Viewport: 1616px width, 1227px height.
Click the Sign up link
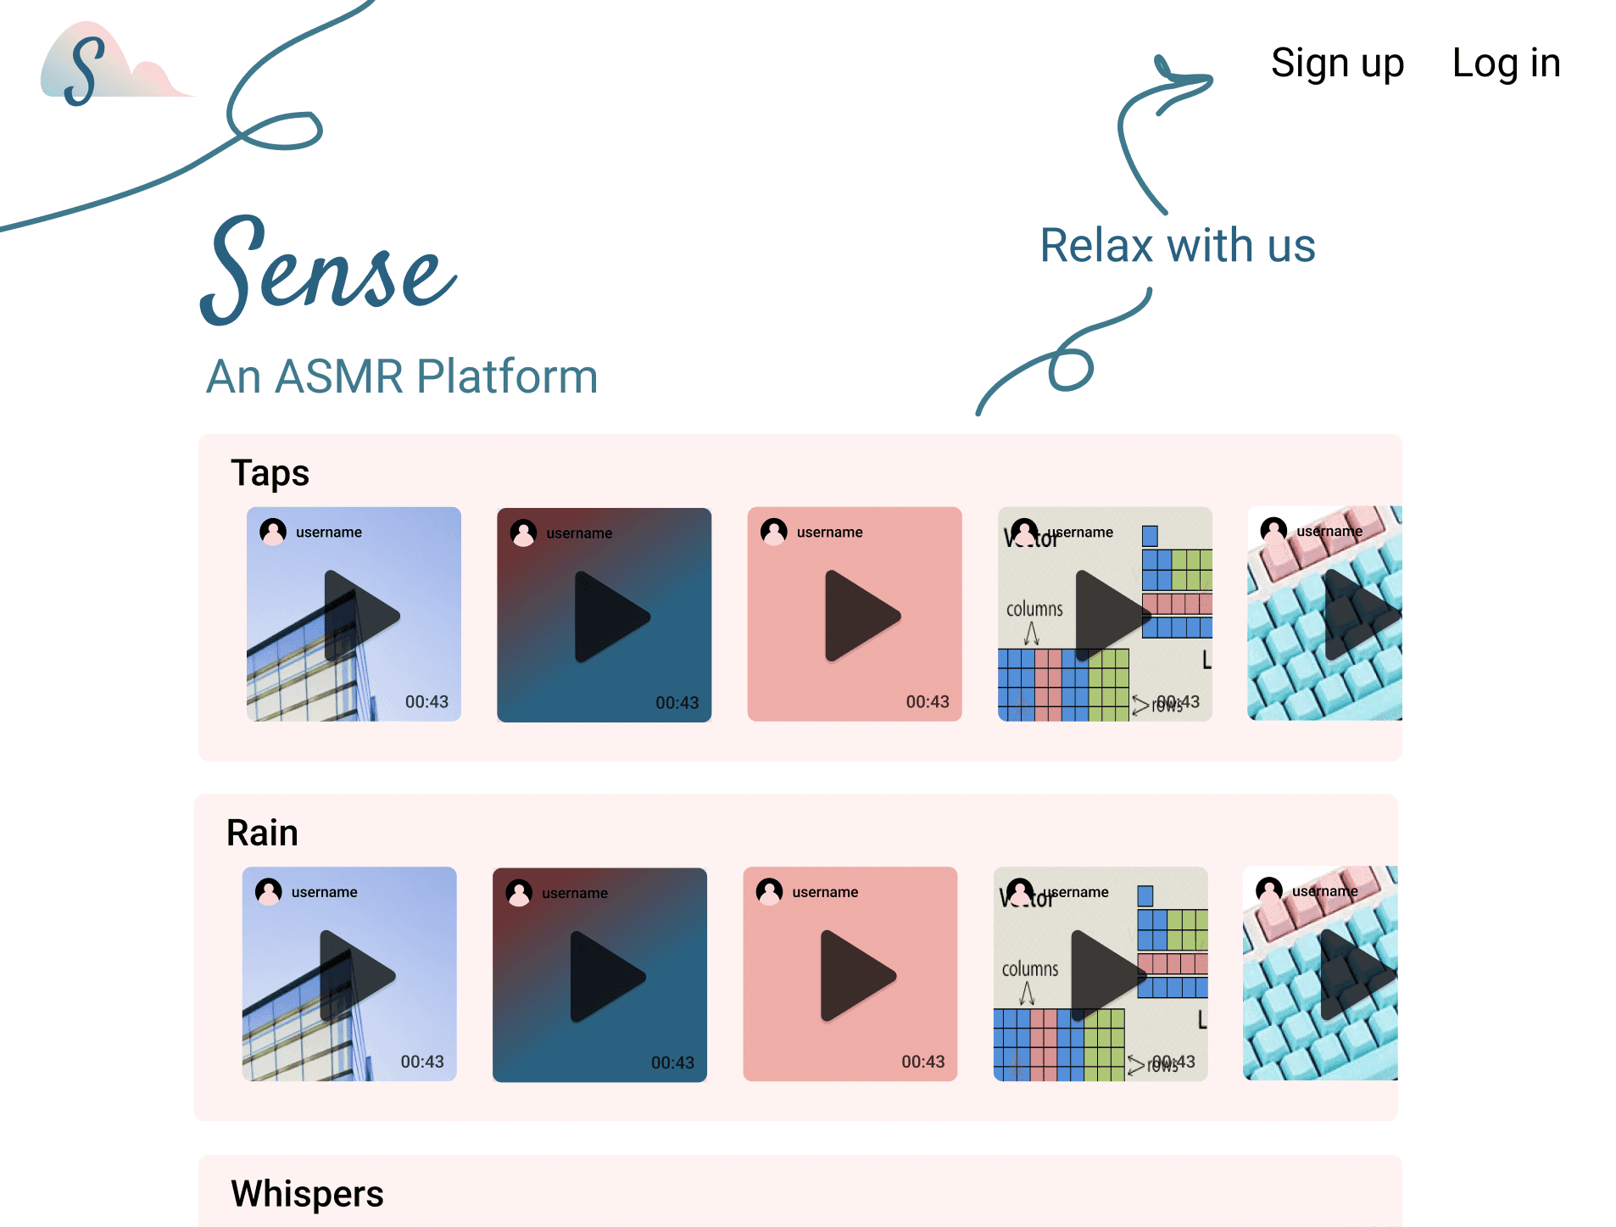(1337, 64)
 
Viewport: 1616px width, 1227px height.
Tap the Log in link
(1506, 64)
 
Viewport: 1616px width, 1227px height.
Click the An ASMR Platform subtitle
(402, 376)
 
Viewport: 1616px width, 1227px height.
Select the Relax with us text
(1177, 246)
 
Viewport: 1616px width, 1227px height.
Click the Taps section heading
(270, 473)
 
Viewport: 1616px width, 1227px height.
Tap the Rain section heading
(262, 833)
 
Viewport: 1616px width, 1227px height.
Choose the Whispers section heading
(307, 1193)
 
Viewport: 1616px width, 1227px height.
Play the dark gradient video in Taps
(610, 616)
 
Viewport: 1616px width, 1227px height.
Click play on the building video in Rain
(354, 976)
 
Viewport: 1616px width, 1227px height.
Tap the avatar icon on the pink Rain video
(770, 891)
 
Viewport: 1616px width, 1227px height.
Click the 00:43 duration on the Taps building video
(426, 702)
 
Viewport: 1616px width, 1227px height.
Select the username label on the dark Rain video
(575, 893)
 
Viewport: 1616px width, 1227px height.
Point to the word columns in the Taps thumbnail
(1034, 609)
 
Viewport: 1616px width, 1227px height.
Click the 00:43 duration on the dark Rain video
(672, 1062)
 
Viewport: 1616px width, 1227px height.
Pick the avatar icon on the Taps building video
(273, 532)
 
